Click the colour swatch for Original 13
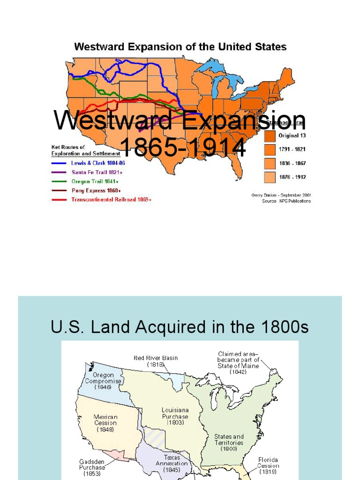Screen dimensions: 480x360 (x=270, y=136)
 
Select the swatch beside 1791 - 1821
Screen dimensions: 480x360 (x=270, y=150)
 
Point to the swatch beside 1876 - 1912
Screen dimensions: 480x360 (x=270, y=177)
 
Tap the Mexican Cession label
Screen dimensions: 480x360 (x=105, y=423)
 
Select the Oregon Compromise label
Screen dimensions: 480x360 (x=103, y=381)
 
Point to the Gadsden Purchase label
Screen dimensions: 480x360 (x=92, y=467)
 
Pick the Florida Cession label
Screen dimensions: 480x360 (x=268, y=466)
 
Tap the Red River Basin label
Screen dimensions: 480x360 (x=156, y=361)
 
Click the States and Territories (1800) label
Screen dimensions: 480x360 (x=229, y=442)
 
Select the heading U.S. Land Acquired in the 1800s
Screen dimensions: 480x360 (x=180, y=327)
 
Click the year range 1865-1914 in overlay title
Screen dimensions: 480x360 (x=183, y=148)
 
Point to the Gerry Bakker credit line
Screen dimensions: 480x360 (x=281, y=195)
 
